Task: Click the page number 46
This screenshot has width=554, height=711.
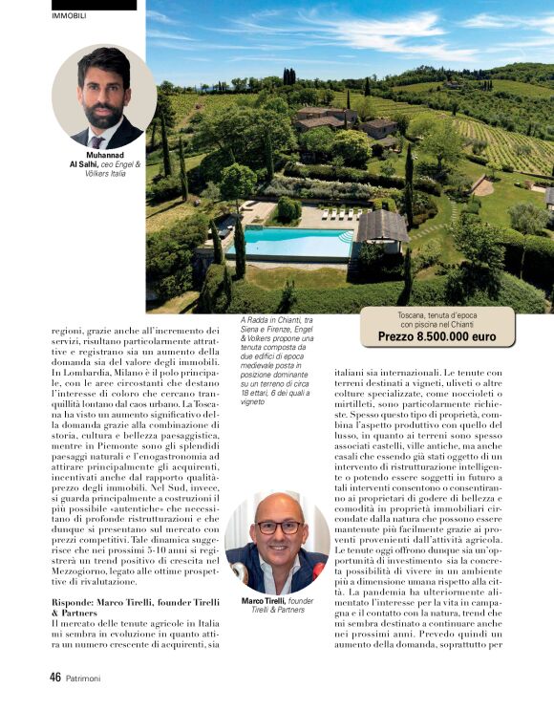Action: click(55, 677)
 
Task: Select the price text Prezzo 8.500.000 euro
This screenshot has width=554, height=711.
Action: click(437, 337)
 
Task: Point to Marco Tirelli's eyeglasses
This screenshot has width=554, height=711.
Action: click(278, 527)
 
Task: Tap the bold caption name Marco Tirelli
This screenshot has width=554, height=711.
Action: click(264, 600)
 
